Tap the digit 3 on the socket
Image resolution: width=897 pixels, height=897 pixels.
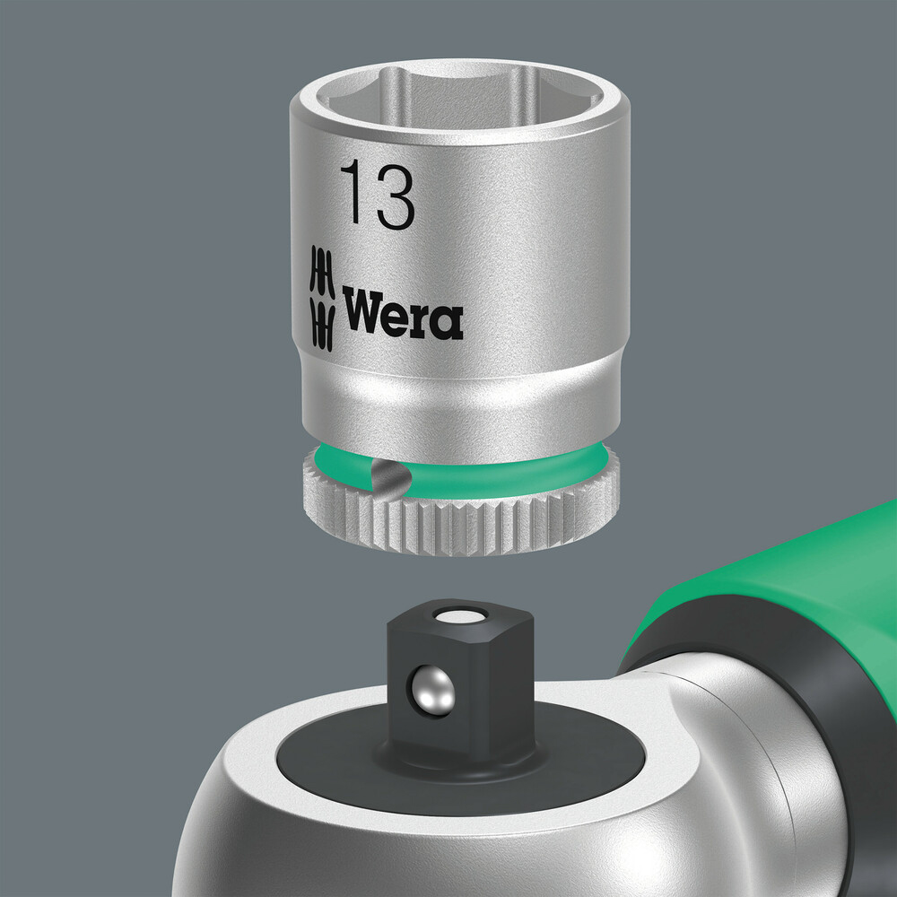click(393, 195)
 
